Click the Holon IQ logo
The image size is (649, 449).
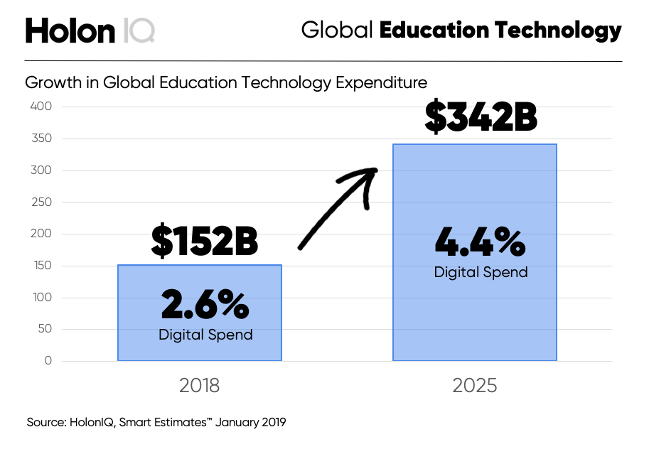coord(90,31)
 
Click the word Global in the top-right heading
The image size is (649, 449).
coord(337,31)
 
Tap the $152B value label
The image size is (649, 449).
coord(204,242)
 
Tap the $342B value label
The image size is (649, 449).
coord(481,118)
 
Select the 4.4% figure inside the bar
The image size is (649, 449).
coord(480,243)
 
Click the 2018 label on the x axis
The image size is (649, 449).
coord(199,386)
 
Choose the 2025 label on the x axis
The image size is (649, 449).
coord(474,386)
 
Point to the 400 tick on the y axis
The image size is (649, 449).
coord(41,107)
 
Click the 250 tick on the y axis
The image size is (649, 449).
coord(41,202)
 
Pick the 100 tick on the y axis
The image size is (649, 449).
coord(41,298)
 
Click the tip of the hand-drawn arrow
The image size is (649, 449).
coord(376,170)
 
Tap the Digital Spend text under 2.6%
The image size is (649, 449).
coord(205,334)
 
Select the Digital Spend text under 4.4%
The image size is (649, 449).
coord(481,272)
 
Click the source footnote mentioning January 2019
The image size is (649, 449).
coord(156,422)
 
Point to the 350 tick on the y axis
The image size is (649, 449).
coord(41,139)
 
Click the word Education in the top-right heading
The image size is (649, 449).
coord(434,31)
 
